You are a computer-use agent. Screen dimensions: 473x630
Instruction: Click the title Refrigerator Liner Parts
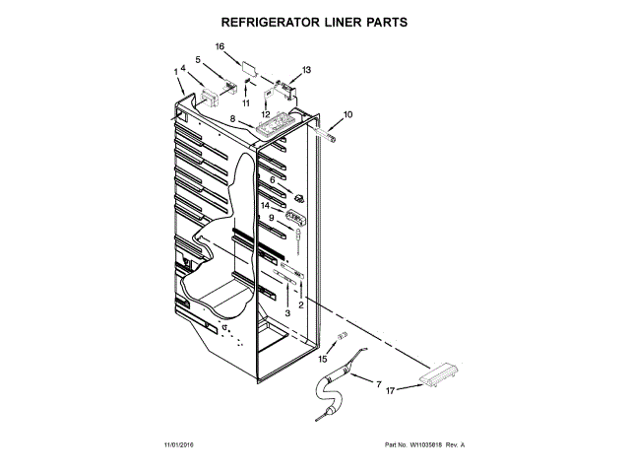point(315,21)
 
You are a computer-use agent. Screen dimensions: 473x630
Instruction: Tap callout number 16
point(220,46)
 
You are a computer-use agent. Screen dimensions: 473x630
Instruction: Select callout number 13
point(306,70)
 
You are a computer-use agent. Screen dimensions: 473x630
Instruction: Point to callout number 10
point(347,115)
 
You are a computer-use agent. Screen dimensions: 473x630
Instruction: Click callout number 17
point(390,391)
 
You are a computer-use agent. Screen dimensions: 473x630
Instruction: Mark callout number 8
point(232,119)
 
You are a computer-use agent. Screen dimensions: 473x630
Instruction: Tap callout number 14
point(265,206)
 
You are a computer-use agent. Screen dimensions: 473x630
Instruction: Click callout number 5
point(198,60)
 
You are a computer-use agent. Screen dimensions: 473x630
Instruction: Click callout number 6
point(273,179)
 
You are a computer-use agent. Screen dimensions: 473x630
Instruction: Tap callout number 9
point(271,218)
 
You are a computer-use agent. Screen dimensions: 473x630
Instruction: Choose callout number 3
point(287,312)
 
